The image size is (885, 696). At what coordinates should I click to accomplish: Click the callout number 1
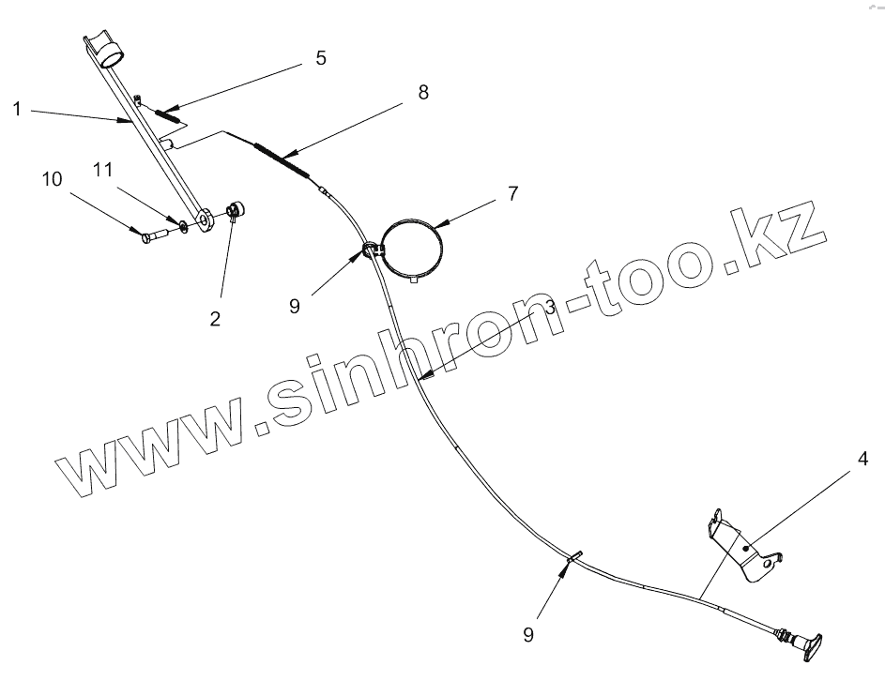[17, 109]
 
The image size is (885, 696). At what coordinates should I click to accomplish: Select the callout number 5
[321, 58]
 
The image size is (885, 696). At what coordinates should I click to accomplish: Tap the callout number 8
[423, 92]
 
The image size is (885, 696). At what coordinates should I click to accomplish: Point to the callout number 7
[512, 194]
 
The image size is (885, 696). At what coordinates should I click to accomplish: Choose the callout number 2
[215, 319]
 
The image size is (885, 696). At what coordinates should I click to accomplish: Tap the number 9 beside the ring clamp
[296, 306]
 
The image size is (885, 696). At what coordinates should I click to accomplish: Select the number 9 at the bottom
[528, 635]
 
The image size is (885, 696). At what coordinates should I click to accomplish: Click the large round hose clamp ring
[412, 246]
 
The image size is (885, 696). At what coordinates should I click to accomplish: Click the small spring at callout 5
[169, 115]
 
